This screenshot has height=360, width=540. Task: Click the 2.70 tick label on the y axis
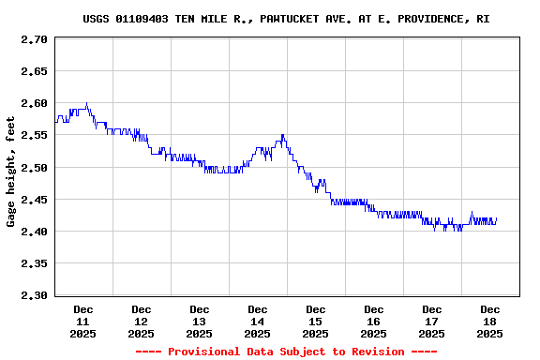click(34, 39)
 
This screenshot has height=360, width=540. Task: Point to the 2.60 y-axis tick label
click(34, 103)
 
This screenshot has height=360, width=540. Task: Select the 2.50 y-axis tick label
click(34, 167)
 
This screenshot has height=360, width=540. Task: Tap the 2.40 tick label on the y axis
click(34, 232)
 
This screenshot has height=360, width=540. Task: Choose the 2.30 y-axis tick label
click(34, 295)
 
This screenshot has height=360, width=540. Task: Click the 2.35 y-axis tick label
click(34, 263)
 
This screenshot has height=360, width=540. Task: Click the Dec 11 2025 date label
click(83, 322)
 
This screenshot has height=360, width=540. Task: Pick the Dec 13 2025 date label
click(200, 322)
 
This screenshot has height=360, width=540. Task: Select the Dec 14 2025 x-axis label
click(258, 322)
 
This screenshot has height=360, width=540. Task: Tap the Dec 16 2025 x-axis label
click(374, 322)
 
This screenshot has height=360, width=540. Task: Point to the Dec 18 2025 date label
click(490, 322)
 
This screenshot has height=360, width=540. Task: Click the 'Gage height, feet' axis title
click(11, 172)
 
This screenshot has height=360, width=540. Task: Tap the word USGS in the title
click(97, 19)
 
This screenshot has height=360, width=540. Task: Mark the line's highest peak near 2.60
click(86, 104)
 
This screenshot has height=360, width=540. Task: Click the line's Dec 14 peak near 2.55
click(281, 136)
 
